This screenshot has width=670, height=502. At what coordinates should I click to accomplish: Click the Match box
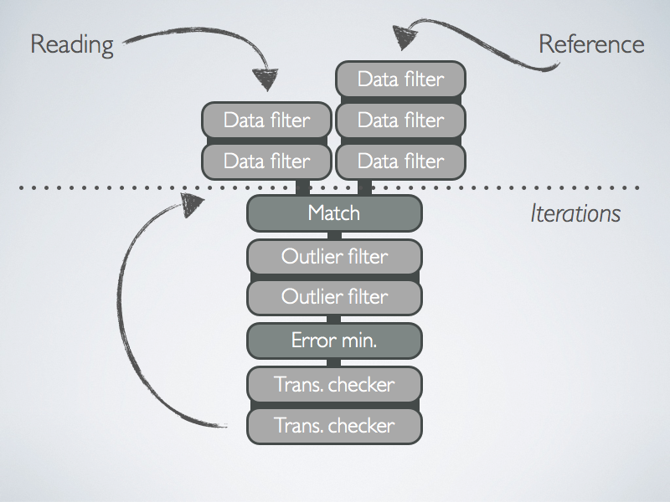334,213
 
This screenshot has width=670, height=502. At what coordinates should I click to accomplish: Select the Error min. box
334,341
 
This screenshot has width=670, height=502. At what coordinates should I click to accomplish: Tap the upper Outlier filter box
334,255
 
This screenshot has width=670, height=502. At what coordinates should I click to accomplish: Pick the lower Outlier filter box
334,296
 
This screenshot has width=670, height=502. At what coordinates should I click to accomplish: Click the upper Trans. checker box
334,385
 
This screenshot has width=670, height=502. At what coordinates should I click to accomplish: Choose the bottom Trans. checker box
334,426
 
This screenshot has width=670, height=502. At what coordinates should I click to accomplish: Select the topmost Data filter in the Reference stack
400,79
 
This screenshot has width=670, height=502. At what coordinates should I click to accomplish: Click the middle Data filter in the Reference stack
400,120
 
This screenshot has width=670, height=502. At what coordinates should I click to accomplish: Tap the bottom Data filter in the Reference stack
400,161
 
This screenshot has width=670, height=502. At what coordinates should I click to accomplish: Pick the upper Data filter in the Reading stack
266,120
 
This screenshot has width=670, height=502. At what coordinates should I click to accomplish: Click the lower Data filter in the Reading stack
266,161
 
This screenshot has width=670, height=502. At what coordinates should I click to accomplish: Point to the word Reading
71,44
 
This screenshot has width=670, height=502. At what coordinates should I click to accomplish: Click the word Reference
591,44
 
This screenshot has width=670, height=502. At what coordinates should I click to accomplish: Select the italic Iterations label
575,213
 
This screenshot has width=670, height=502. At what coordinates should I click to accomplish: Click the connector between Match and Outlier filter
334,235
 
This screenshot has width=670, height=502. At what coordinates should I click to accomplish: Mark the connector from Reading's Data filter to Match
303,187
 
